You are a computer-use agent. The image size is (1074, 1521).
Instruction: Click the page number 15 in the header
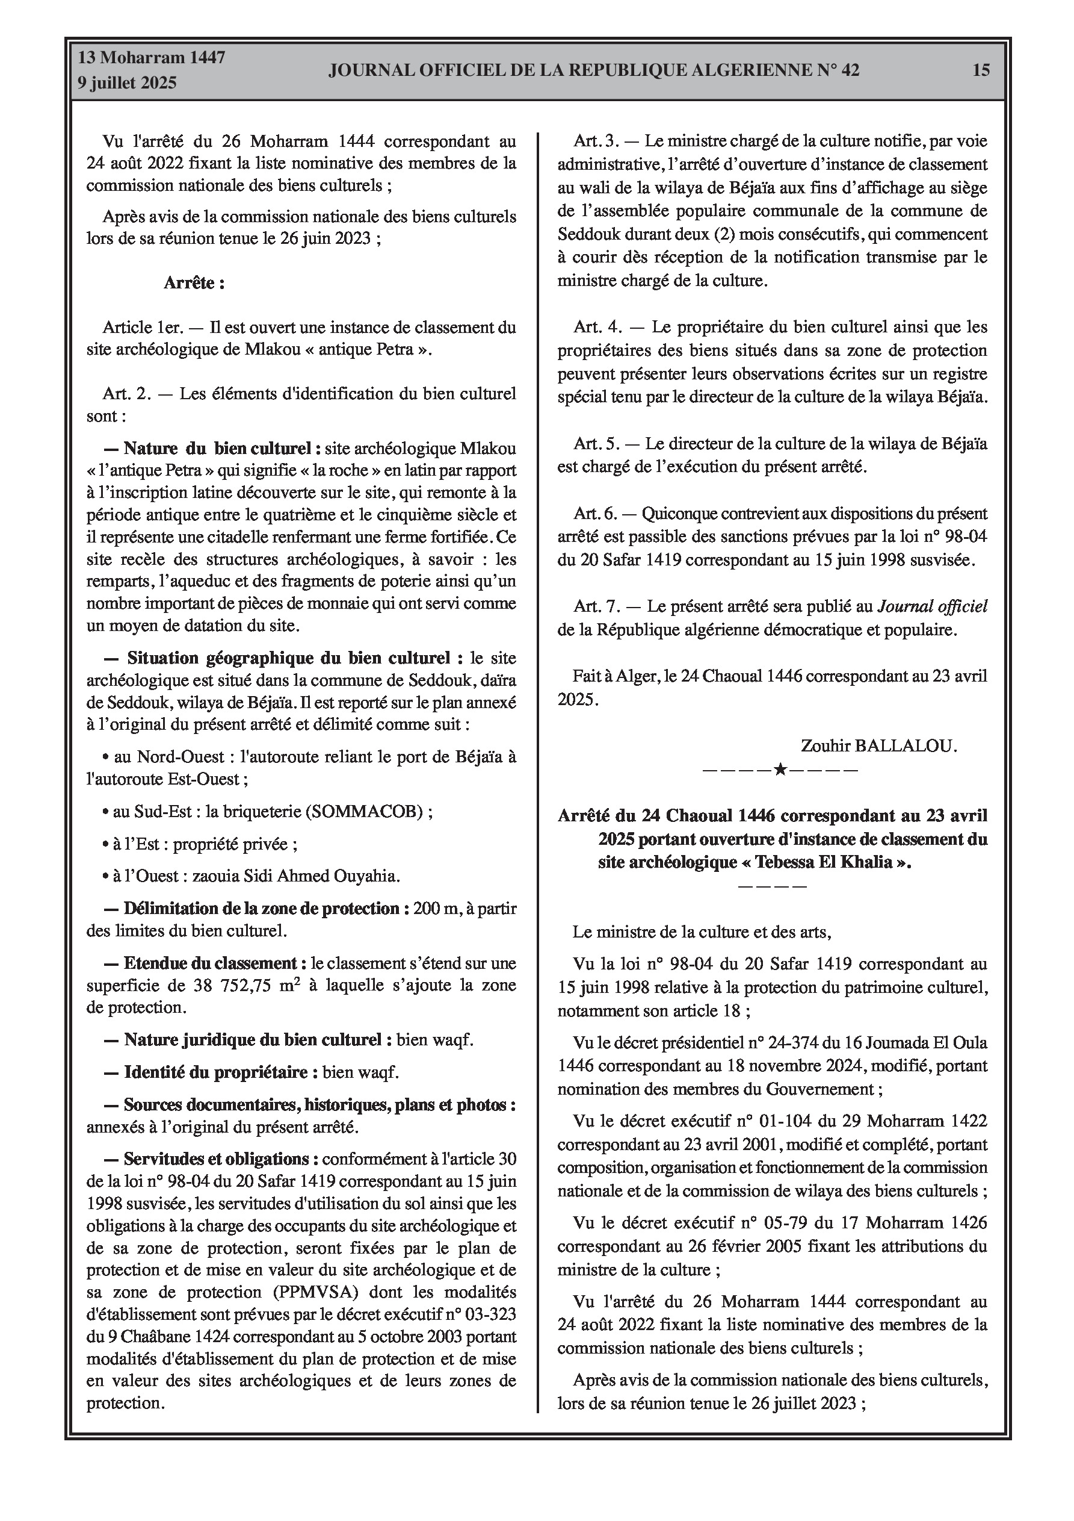pos(981,70)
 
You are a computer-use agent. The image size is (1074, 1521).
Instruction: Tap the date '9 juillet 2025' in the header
pos(127,83)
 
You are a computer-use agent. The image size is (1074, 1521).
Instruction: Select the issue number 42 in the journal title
pos(850,70)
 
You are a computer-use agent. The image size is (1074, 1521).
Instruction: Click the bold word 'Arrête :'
pos(194,284)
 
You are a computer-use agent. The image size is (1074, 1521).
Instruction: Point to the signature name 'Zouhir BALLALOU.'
pos(878,746)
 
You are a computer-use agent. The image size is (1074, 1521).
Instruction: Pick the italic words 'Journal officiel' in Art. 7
pos(932,606)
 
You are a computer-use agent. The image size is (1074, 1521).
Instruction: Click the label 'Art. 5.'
pos(595,444)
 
